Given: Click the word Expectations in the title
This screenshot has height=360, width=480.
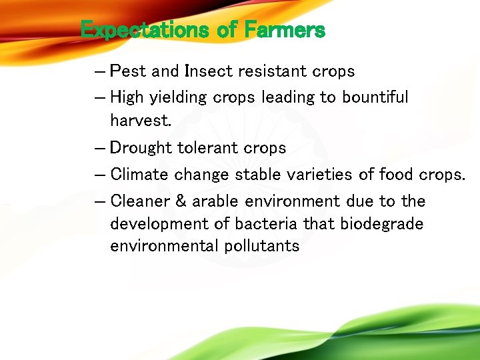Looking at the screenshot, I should (137, 30).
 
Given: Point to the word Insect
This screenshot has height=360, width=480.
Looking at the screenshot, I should (207, 71).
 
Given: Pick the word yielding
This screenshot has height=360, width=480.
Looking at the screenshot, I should (178, 97).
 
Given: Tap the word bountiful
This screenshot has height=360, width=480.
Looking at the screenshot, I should (375, 97).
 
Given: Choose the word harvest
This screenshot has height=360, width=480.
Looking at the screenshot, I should (141, 121).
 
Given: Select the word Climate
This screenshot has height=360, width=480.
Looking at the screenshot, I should (140, 175).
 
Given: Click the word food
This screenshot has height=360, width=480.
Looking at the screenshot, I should (397, 175).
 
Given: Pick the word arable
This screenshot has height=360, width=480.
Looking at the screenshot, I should (214, 201).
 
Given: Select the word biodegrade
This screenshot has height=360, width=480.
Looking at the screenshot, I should (381, 223).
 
